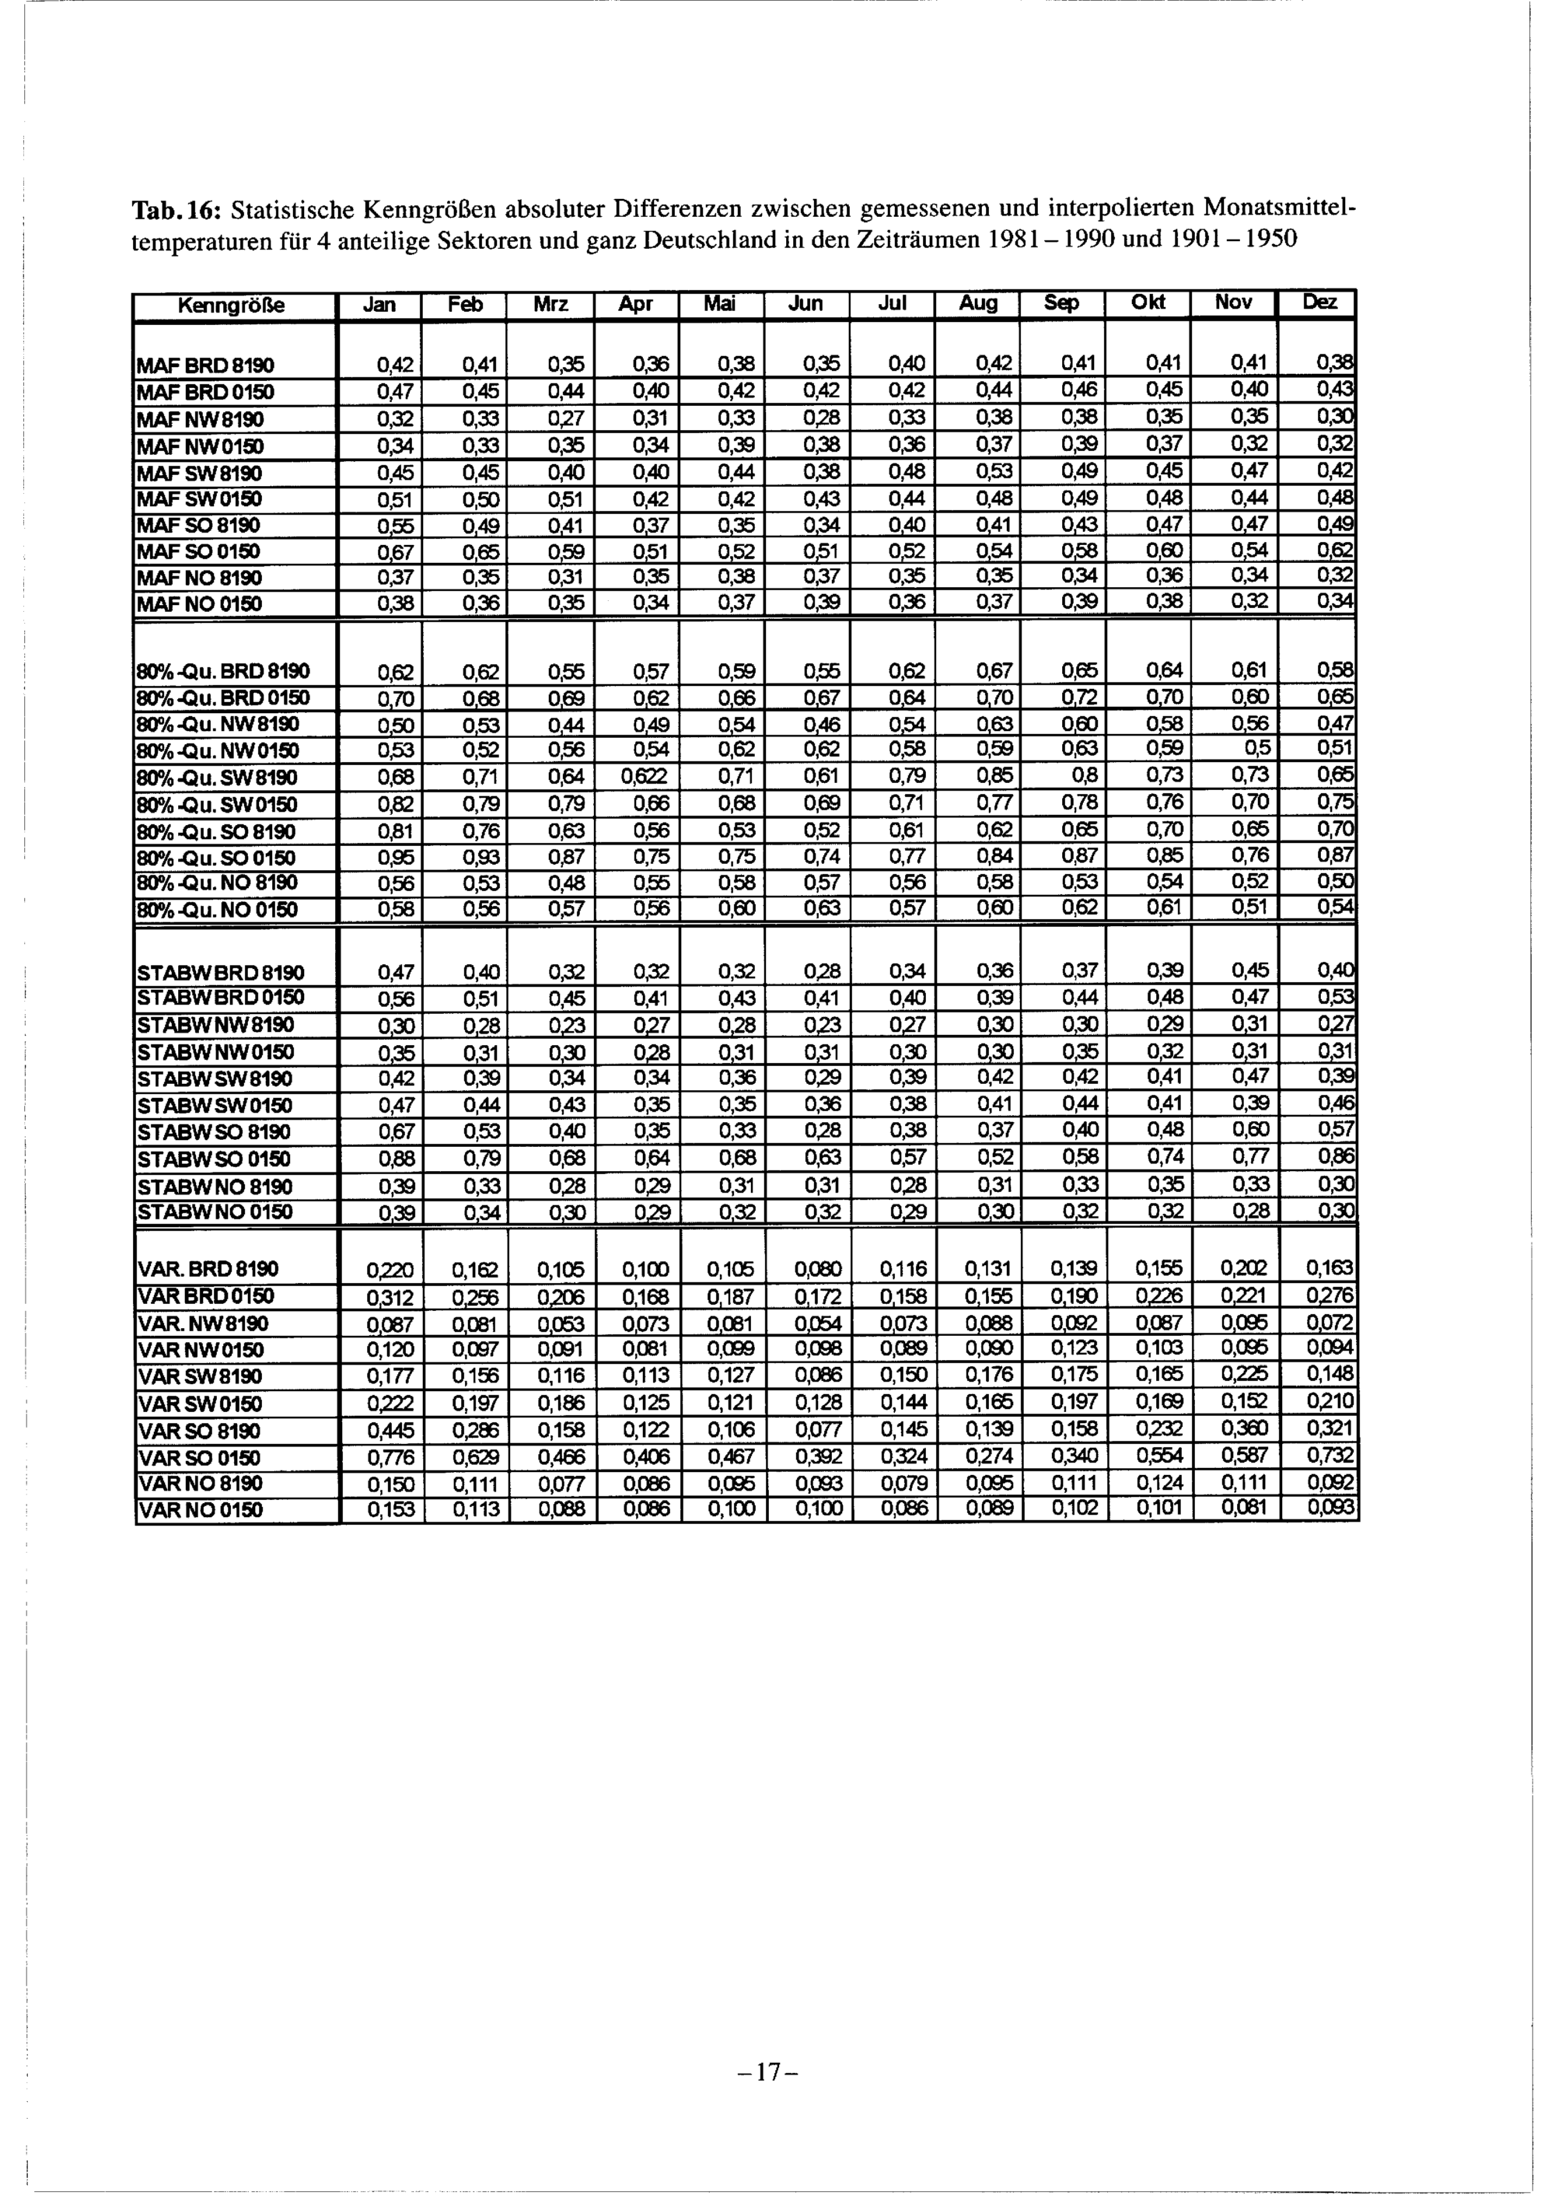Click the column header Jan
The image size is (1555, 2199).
pos(379,305)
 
